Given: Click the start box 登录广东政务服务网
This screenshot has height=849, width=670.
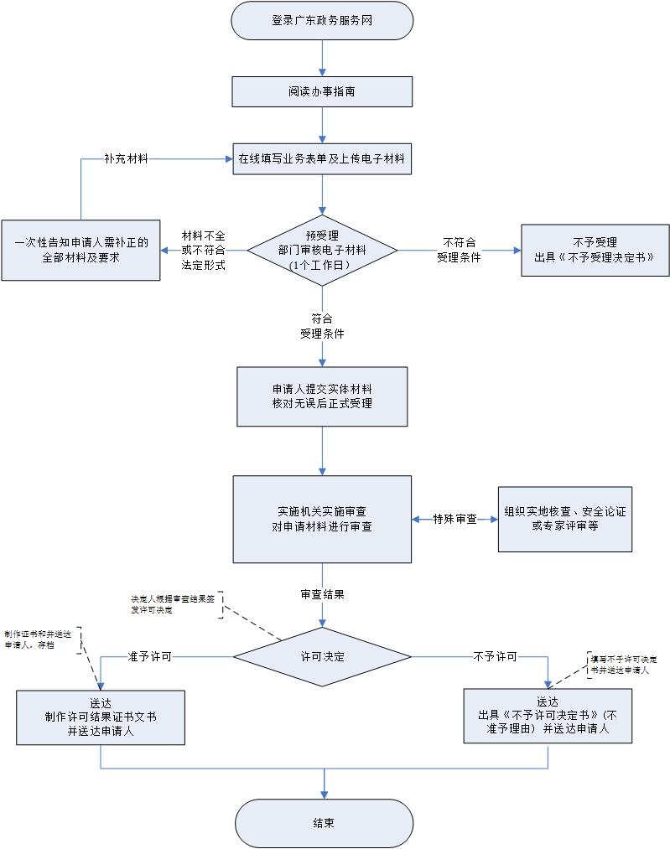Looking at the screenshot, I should tap(322, 21).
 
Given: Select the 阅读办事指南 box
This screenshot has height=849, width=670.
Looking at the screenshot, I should tap(322, 91).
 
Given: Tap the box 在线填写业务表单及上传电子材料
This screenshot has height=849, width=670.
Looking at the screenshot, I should tap(322, 158).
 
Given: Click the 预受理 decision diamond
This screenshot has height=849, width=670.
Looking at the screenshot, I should tap(322, 250).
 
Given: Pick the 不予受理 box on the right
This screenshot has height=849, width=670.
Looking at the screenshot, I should tap(595, 250).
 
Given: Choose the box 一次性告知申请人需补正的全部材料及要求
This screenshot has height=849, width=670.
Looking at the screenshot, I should tap(81, 250).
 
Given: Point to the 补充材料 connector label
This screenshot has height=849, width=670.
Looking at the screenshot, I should tap(126, 158).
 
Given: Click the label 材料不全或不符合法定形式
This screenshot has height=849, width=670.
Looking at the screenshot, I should tap(203, 251).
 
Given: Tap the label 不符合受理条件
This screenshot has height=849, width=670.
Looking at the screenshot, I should tap(459, 250).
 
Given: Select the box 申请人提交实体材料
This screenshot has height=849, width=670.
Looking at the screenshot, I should tap(322, 396).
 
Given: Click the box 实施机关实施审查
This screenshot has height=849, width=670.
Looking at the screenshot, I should tap(322, 519).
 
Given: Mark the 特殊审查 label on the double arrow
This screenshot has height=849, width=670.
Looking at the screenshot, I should tap(454, 520).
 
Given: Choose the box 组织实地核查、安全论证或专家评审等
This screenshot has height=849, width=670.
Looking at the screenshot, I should tap(564, 519).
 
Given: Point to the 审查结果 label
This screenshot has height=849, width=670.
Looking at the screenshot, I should tap(322, 594).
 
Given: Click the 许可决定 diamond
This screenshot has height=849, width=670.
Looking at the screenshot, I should tap(322, 656).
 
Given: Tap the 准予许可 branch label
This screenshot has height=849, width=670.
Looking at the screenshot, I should tap(149, 656).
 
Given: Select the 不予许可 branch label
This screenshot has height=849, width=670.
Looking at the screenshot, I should tap(495, 656).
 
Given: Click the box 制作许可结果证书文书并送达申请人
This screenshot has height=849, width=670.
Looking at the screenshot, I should tap(101, 717).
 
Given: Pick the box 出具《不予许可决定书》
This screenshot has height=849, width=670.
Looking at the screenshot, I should tap(548, 715).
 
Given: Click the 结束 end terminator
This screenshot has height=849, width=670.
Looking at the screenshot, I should tap(324, 823).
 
